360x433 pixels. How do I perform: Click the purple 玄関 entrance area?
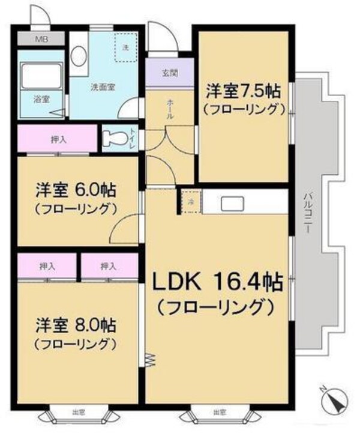pos(169,74)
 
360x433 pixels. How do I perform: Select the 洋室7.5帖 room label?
pos(242,91)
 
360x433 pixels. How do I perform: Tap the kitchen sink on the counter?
pos(232,203)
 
